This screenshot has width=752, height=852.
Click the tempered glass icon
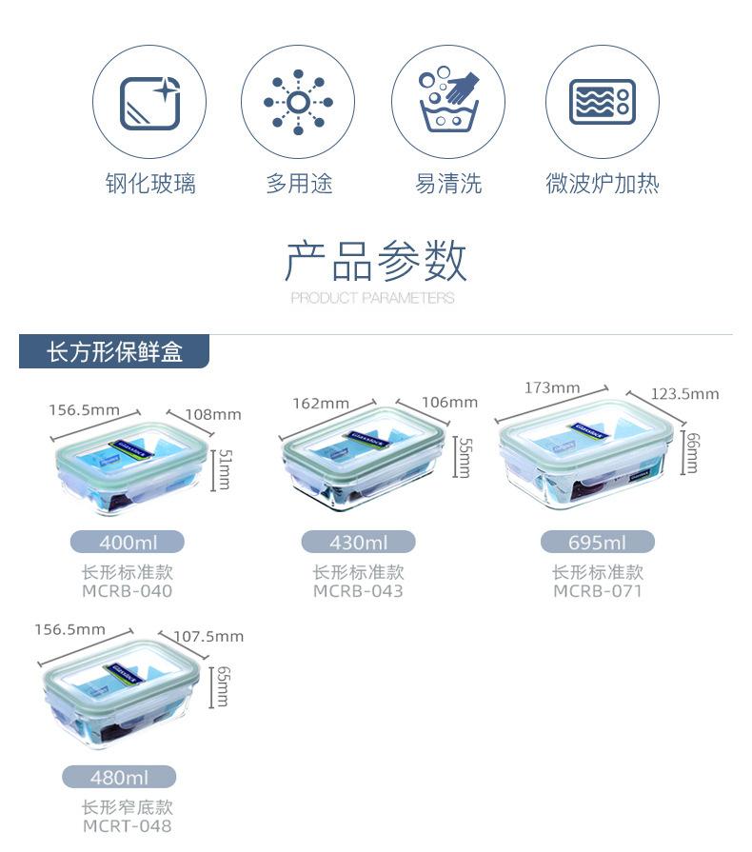coord(149,102)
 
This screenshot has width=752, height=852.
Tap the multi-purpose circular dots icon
coord(298,102)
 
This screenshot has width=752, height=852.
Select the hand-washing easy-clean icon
coord(448,102)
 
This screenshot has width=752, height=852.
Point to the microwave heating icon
coord(602,102)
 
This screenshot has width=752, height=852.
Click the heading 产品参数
coord(375,261)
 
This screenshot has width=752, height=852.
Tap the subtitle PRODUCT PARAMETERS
coord(372,298)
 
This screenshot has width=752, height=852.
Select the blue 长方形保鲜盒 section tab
coord(114,353)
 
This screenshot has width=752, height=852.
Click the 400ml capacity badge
coord(128,543)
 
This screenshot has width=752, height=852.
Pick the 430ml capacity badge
coord(359,543)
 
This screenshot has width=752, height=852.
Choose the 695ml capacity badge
coord(598,543)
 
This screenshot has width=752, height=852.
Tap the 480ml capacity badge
coord(119,777)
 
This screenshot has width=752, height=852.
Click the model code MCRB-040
coord(128,591)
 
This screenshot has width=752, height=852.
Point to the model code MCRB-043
coord(359,591)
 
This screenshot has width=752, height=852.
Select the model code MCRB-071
coord(598,591)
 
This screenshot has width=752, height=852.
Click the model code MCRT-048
coord(127,825)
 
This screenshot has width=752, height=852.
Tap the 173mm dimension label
coord(552,387)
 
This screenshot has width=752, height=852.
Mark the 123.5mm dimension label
coord(684,394)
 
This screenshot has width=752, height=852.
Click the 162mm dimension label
coord(321,403)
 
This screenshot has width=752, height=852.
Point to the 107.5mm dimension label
coord(208,636)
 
